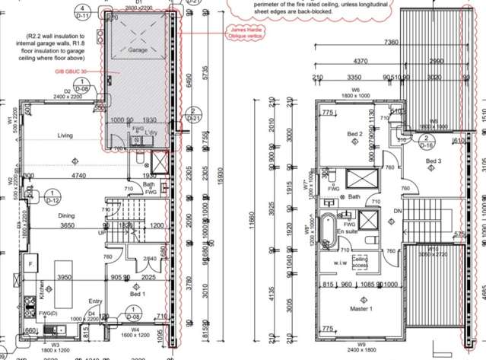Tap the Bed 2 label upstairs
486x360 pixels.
[354, 134]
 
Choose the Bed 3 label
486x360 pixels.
[434, 161]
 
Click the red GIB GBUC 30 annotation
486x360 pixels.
[68, 73]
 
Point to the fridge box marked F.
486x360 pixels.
[31, 264]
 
